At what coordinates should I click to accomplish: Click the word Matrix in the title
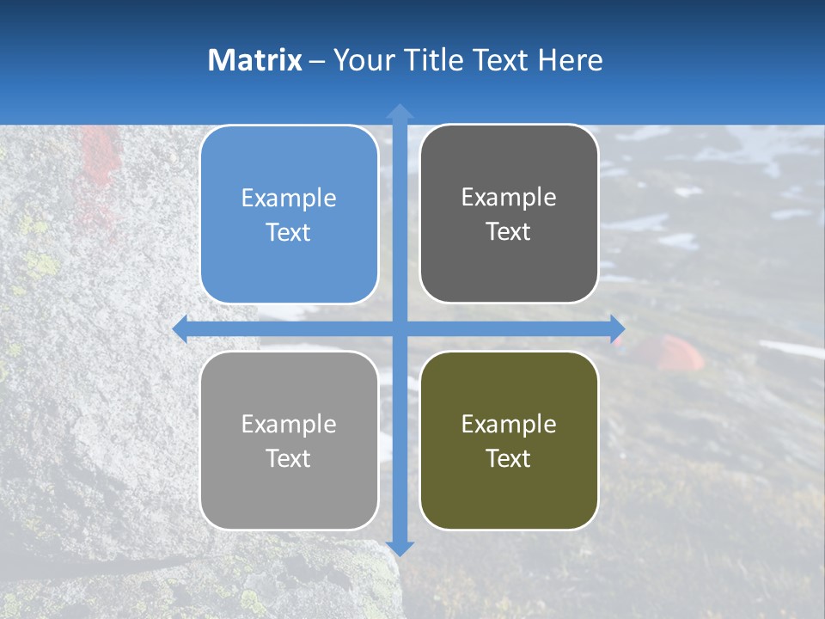click(255, 60)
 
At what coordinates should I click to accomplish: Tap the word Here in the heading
click(570, 60)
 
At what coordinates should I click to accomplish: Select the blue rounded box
click(289, 215)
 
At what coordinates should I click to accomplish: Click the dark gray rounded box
click(509, 214)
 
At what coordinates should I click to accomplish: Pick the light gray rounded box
click(289, 440)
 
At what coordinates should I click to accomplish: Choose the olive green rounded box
click(509, 440)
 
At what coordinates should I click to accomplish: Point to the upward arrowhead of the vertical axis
click(400, 112)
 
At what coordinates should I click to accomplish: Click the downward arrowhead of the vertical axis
click(400, 548)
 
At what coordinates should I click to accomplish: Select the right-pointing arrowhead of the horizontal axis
click(617, 328)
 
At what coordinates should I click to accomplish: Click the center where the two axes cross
click(400, 328)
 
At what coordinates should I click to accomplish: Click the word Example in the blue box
click(289, 199)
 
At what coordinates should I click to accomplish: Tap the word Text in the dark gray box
click(509, 232)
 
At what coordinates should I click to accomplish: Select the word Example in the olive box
click(509, 424)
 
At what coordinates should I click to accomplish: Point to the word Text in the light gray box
click(289, 458)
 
